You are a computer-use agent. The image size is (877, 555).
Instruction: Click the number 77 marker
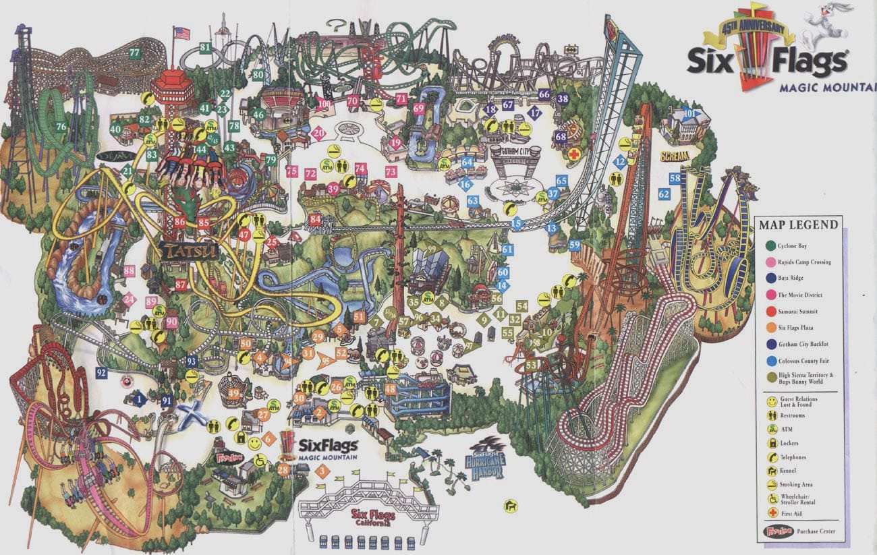click(134, 53)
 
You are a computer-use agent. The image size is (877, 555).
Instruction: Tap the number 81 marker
click(205, 47)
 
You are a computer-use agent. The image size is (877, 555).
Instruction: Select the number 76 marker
click(61, 126)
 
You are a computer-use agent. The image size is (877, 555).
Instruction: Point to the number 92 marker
click(101, 372)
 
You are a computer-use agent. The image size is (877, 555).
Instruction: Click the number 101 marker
click(688, 113)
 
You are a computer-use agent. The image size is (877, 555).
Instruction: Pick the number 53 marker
click(532, 365)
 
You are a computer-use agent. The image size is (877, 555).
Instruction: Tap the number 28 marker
click(283, 469)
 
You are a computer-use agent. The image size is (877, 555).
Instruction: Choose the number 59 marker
click(575, 245)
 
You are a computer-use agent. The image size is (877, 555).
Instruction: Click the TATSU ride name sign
click(190, 252)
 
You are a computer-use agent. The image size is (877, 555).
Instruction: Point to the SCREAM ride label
click(675, 156)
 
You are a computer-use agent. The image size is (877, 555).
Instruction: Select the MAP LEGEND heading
click(797, 225)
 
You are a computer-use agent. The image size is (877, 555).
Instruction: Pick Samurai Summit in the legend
click(797, 311)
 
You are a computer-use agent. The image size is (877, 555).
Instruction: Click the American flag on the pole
click(181, 33)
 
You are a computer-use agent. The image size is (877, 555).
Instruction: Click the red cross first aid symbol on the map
click(575, 154)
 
